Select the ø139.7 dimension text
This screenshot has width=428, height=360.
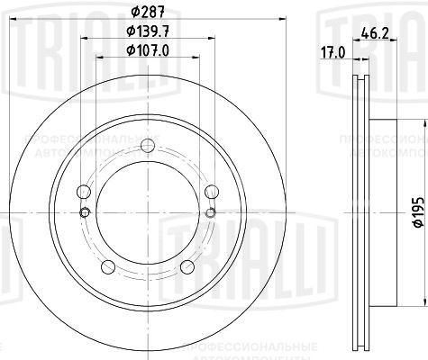[147, 31]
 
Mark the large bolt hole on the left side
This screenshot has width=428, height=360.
[85, 192]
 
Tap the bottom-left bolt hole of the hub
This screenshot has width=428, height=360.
[109, 265]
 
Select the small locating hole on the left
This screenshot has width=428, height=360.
[85, 211]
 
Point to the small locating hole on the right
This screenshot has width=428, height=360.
[209, 211]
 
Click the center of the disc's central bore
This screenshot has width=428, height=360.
[147, 211]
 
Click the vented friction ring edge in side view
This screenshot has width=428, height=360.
[356, 211]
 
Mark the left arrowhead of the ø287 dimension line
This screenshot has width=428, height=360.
[12, 22]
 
